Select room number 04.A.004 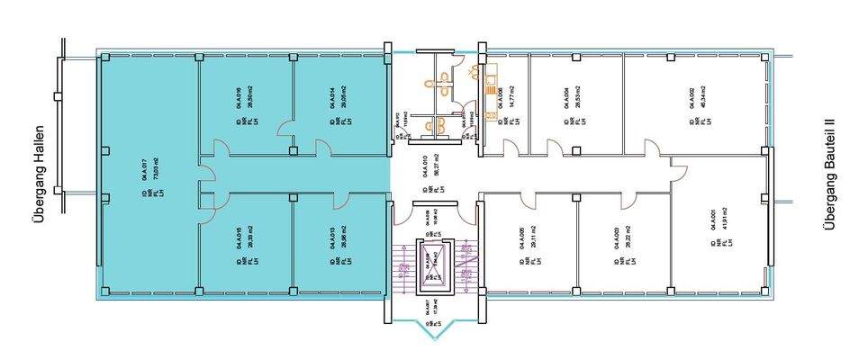tap(565, 101)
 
